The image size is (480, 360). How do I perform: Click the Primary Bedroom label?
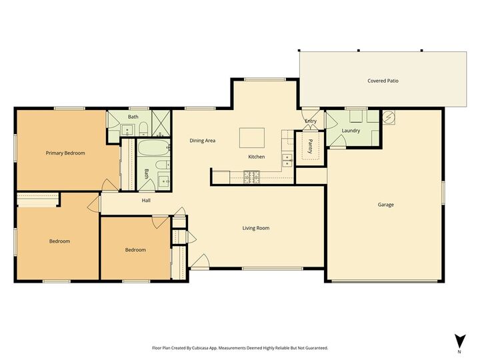65,153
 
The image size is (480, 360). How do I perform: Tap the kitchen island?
253,138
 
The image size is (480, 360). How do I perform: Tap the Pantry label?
310,147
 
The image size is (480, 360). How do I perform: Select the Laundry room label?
351,131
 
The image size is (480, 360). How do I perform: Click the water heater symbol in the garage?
390,117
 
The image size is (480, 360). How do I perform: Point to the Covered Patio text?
383,81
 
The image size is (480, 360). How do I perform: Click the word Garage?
385,205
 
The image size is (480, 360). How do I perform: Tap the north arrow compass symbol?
459,341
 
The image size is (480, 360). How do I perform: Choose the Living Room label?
255,228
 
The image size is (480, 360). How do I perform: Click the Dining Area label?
203,141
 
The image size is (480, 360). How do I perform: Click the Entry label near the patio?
311,121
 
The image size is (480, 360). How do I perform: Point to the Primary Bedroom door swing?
105,185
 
